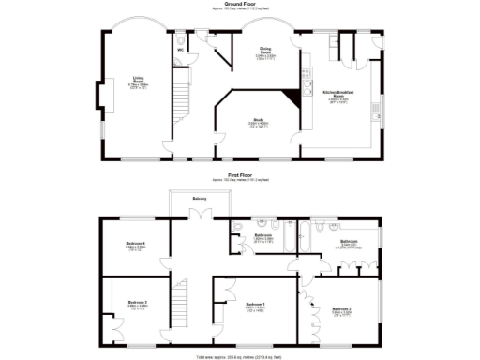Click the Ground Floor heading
pos(240,5)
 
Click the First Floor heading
pos(240,174)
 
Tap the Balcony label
pos(200,199)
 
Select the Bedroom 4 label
pos(136,246)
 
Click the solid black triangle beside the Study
pos(307,90)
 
